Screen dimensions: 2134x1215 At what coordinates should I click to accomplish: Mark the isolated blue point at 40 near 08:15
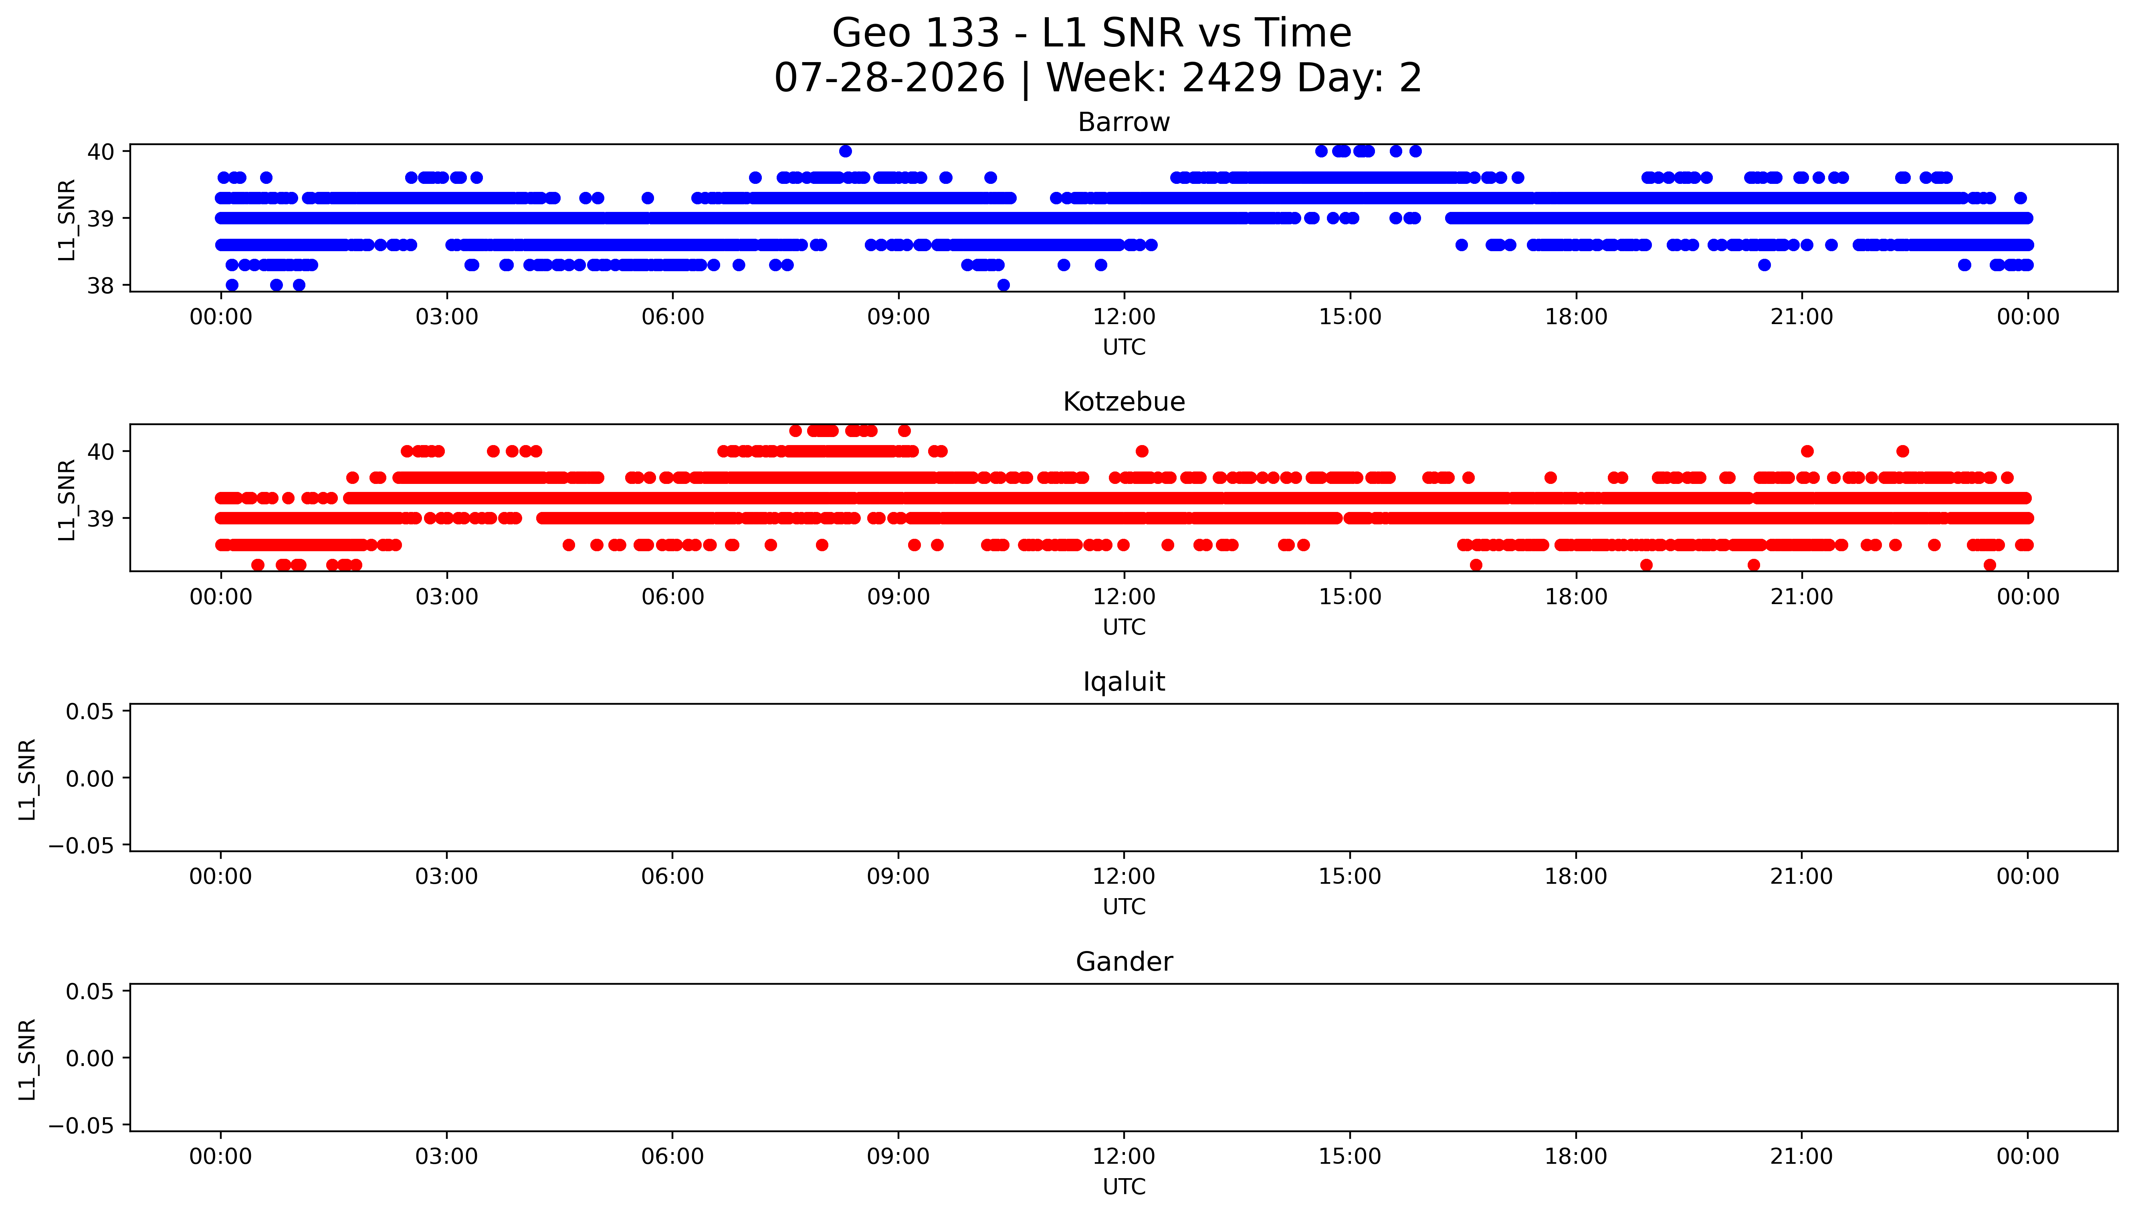[x=846, y=151]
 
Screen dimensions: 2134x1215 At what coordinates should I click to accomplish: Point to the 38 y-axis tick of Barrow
[x=100, y=285]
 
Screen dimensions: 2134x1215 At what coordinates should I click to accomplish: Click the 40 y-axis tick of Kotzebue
[x=100, y=451]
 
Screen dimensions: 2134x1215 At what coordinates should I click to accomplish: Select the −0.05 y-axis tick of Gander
[x=81, y=1126]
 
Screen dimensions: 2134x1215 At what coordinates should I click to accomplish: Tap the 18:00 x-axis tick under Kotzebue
[x=1576, y=596]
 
